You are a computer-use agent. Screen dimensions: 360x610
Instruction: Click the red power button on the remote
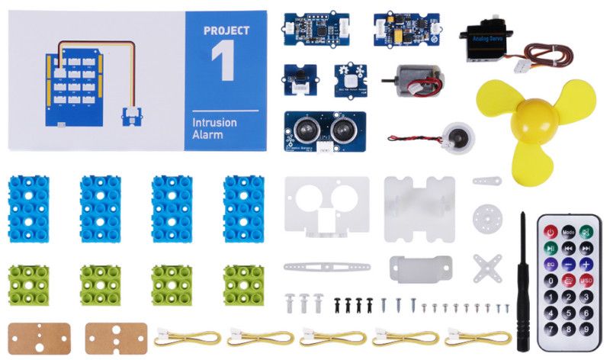(549, 231)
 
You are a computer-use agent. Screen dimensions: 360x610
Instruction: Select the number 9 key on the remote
(586, 329)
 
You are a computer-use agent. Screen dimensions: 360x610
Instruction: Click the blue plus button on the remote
(586, 264)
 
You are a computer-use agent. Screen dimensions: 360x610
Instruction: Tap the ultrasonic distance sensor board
(325, 131)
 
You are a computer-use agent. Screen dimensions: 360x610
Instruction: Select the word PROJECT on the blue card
(226, 31)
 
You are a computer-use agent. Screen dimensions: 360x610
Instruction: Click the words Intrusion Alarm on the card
(214, 127)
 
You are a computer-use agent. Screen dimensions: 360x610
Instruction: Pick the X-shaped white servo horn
(486, 267)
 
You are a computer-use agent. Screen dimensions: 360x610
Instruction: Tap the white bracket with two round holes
(326, 205)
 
